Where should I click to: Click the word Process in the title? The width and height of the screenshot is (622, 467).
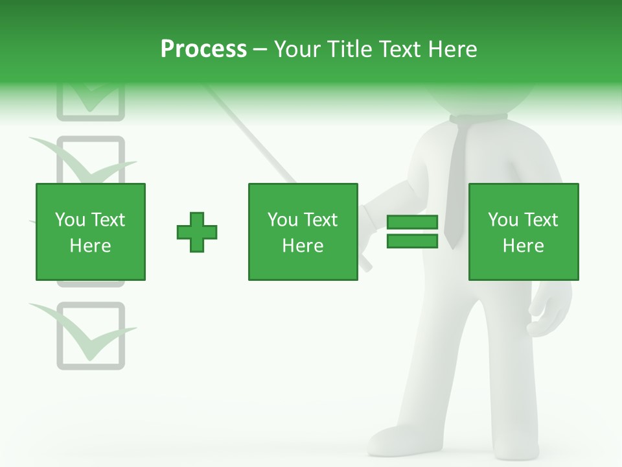pos(203,49)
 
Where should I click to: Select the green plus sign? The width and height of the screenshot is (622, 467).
pos(197,232)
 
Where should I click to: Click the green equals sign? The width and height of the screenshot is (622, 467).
pos(412,232)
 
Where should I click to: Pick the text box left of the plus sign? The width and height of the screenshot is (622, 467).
pos(91,232)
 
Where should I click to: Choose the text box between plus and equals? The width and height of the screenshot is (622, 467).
pos(303,232)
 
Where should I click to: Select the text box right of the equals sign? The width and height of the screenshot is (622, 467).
pos(524,232)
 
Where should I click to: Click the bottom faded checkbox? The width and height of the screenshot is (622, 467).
pos(91,336)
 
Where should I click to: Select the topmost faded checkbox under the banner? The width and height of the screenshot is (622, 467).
pos(91,104)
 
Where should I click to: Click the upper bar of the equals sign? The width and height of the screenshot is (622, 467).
pos(412,222)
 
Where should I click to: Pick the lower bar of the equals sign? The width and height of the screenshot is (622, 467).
pos(412,241)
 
